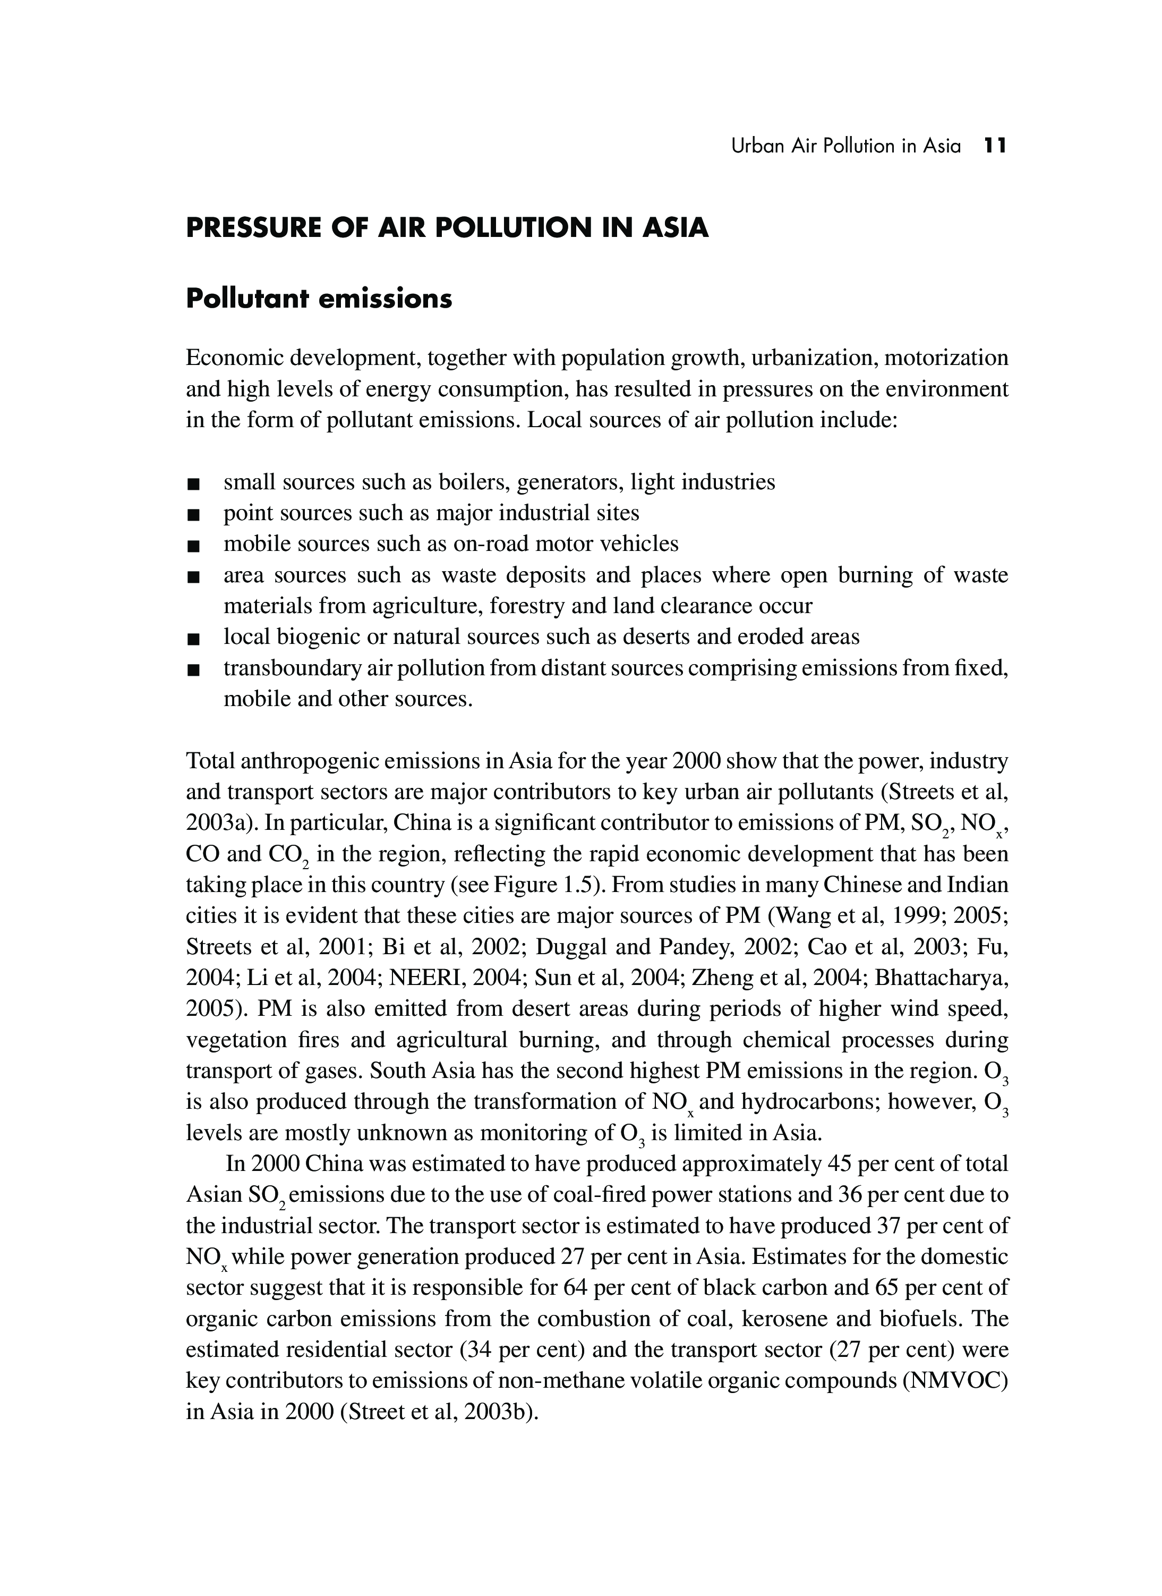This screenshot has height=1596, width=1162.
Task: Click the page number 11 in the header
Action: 995,146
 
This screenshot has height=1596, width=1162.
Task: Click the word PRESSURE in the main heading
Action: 250,228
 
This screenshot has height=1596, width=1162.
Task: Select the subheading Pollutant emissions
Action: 319,299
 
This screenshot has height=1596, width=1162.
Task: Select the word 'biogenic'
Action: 320,637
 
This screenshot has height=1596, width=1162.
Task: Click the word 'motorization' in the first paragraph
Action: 945,358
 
